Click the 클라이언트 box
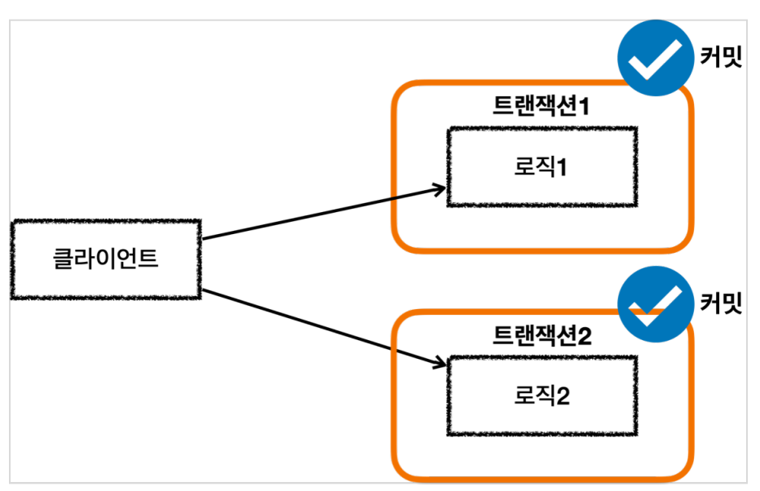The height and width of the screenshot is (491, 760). [106, 259]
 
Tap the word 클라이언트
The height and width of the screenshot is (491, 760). [106, 259]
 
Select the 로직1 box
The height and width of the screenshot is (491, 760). [542, 167]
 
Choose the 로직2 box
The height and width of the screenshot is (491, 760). [542, 396]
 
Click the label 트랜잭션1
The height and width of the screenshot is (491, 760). [541, 106]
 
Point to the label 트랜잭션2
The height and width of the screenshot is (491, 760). [542, 335]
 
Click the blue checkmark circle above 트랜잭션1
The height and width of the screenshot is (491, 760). [656, 58]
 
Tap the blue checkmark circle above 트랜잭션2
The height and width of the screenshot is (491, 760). [656, 304]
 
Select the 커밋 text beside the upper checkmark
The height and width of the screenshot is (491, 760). [721, 57]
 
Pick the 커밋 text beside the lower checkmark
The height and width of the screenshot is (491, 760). [721, 303]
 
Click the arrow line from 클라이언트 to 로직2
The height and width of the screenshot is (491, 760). [324, 327]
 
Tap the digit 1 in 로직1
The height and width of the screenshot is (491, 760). [561, 167]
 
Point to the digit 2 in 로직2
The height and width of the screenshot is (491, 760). [563, 396]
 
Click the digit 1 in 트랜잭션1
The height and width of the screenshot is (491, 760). [584, 106]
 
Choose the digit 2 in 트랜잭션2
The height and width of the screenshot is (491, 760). [585, 336]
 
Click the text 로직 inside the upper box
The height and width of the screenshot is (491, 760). [534, 166]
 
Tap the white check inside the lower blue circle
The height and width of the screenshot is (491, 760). [654, 305]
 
